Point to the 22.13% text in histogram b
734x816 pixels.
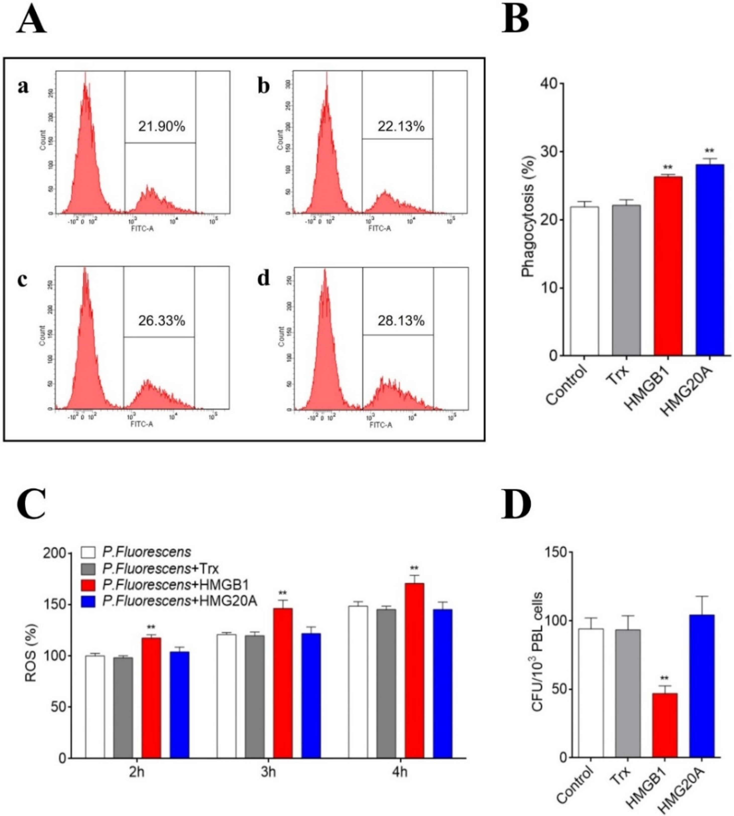[401, 127]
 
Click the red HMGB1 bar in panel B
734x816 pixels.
[668, 266]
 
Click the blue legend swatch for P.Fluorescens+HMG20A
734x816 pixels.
[88, 602]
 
